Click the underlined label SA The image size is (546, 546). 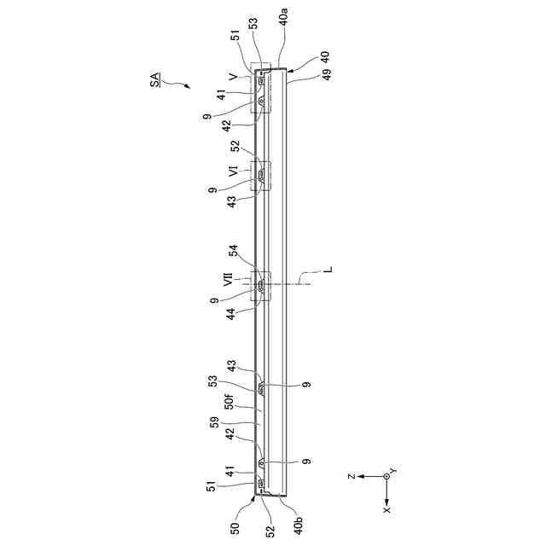(x=155, y=79)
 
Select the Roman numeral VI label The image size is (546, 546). (x=234, y=171)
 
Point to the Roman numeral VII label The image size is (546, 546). (x=228, y=280)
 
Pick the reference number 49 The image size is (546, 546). (x=327, y=74)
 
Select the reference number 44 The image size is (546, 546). (x=231, y=314)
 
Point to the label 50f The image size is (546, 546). (x=229, y=400)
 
